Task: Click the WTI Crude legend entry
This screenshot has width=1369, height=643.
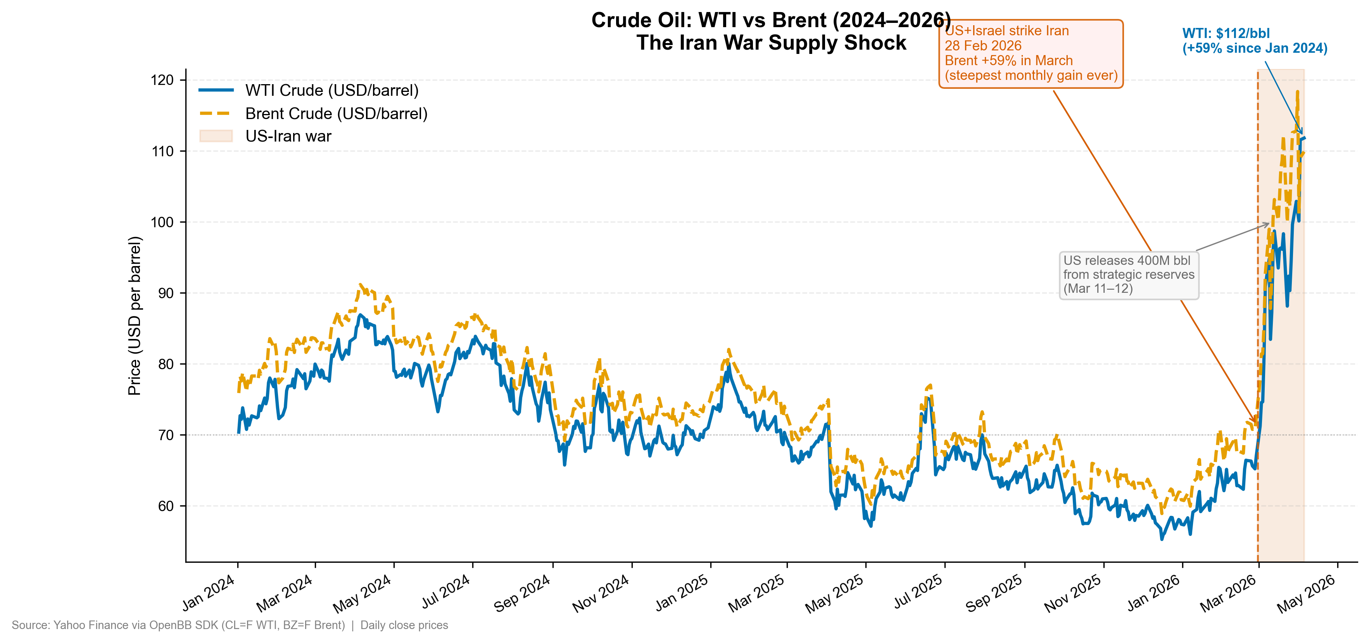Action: tap(331, 90)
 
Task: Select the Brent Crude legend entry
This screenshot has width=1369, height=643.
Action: tap(336, 114)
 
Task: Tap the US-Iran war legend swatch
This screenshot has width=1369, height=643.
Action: tap(216, 136)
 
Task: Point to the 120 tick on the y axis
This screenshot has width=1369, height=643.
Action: tap(162, 80)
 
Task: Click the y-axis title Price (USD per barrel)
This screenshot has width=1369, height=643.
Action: tap(135, 316)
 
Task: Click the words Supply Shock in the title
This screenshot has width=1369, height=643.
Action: tap(839, 43)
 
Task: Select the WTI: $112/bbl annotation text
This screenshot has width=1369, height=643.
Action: tap(1226, 33)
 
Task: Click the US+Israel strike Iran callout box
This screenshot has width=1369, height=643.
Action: tap(1031, 54)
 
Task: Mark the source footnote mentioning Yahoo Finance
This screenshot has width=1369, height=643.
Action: tap(230, 625)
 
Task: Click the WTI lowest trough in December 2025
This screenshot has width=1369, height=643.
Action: tap(1162, 539)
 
